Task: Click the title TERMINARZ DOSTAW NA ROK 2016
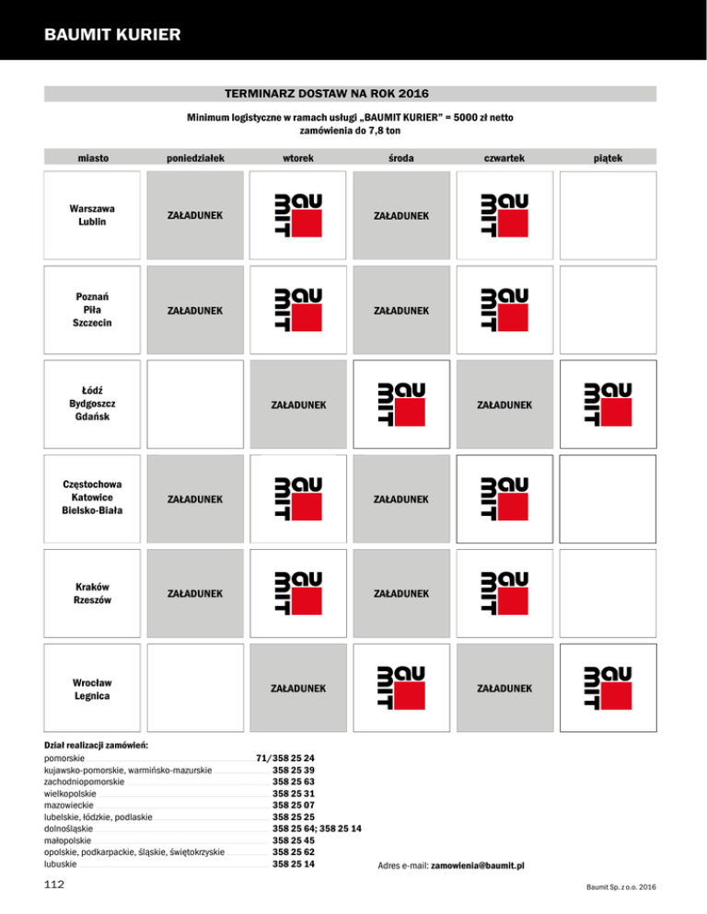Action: coord(327,94)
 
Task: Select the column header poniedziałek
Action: coord(194,159)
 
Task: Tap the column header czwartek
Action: coord(504,159)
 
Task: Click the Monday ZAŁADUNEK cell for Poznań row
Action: coord(194,311)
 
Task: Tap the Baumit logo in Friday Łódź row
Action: coord(607,406)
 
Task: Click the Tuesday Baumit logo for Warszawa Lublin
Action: coord(297,215)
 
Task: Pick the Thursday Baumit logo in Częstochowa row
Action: coord(504,499)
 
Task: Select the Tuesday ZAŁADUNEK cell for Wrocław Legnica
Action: coord(297,688)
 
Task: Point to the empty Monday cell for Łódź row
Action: coord(194,406)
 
